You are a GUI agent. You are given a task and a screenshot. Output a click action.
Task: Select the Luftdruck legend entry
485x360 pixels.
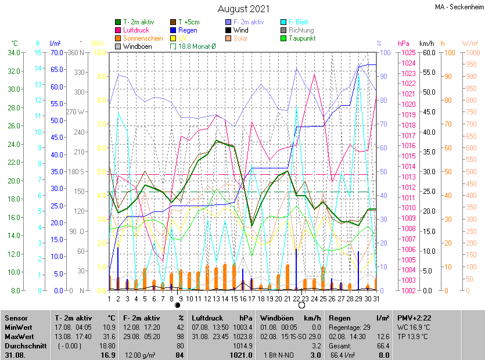(x=135, y=30)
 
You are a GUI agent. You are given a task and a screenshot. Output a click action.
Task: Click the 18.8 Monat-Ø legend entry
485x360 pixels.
(x=199, y=46)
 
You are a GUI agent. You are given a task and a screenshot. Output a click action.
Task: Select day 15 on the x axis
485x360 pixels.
(x=234, y=299)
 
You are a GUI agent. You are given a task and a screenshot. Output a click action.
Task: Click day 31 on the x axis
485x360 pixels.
(x=376, y=299)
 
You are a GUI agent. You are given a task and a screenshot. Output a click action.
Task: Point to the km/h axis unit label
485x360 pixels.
(x=426, y=44)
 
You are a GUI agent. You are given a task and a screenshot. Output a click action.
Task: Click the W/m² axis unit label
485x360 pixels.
(x=470, y=44)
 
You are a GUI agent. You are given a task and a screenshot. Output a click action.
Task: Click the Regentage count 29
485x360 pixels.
(x=367, y=327)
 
